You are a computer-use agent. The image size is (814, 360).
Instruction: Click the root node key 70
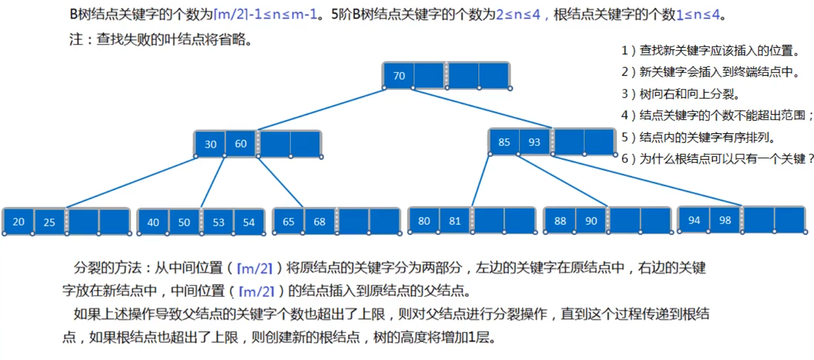[399, 76]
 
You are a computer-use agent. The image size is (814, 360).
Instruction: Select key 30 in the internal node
[211, 144]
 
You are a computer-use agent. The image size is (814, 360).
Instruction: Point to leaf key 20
[19, 222]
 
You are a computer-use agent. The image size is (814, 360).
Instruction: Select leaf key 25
[49, 222]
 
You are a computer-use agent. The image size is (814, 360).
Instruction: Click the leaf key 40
[153, 222]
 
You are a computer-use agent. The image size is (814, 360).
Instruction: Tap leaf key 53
[219, 222]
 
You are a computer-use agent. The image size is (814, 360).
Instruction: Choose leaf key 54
[249, 222]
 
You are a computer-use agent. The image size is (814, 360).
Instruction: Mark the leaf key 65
[289, 222]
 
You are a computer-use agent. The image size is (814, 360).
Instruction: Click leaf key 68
[319, 222]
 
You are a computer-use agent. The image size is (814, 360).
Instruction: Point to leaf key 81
[455, 221]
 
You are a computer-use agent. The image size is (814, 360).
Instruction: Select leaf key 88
[560, 221]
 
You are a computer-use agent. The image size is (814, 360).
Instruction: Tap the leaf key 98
[725, 220]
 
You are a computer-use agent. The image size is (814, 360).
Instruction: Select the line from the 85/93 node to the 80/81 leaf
[480, 181]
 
